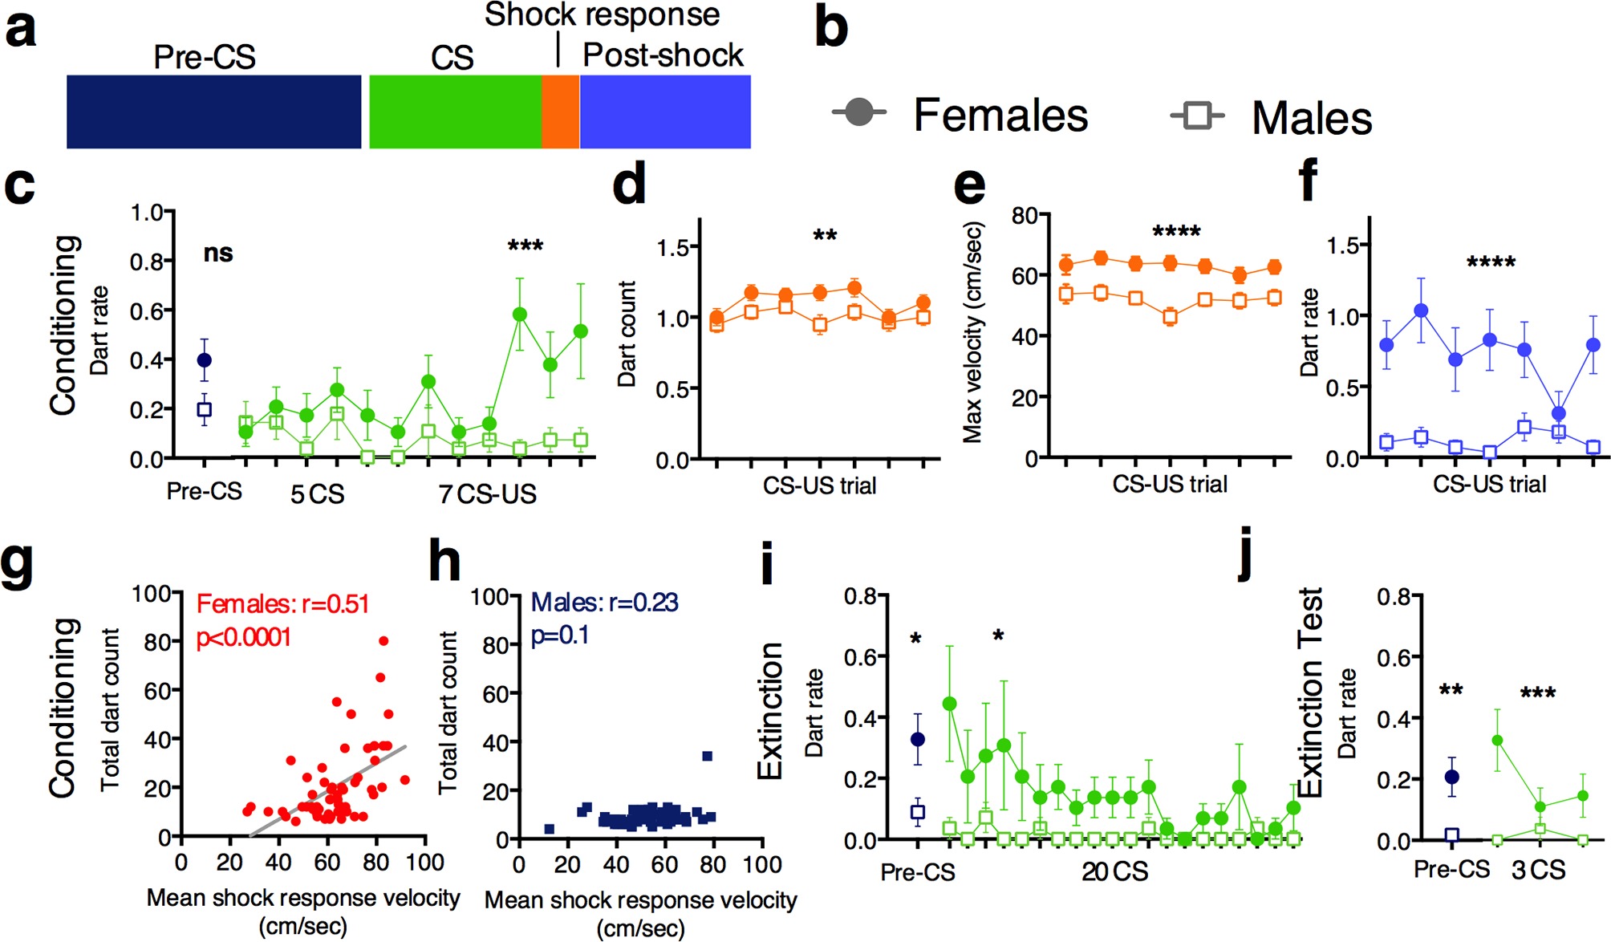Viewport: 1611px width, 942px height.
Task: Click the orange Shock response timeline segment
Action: (x=560, y=112)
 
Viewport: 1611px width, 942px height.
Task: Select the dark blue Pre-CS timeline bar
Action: (x=213, y=112)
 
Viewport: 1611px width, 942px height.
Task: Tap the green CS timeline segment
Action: (x=455, y=112)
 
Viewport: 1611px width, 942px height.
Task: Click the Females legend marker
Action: (x=858, y=112)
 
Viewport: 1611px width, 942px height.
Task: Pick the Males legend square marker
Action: (x=1197, y=116)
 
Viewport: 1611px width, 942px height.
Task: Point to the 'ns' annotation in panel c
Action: (x=218, y=254)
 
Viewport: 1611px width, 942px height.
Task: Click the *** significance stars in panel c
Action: (x=526, y=246)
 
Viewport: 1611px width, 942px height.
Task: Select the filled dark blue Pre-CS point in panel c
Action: (x=205, y=360)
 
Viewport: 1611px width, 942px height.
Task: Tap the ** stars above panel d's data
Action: (x=825, y=236)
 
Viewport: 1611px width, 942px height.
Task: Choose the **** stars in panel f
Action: (x=1491, y=262)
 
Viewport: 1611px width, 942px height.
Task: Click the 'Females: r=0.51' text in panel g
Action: (x=282, y=603)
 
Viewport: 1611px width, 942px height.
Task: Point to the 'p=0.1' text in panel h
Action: (x=560, y=635)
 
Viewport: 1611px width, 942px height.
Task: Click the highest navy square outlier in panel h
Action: (x=707, y=756)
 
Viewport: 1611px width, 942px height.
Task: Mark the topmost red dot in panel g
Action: (x=383, y=640)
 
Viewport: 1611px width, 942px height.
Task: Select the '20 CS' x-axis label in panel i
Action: (x=1114, y=871)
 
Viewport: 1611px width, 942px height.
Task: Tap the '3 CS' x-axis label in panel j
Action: (x=1538, y=870)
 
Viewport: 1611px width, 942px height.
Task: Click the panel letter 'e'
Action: (x=969, y=186)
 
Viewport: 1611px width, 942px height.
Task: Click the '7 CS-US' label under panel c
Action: (x=487, y=494)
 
